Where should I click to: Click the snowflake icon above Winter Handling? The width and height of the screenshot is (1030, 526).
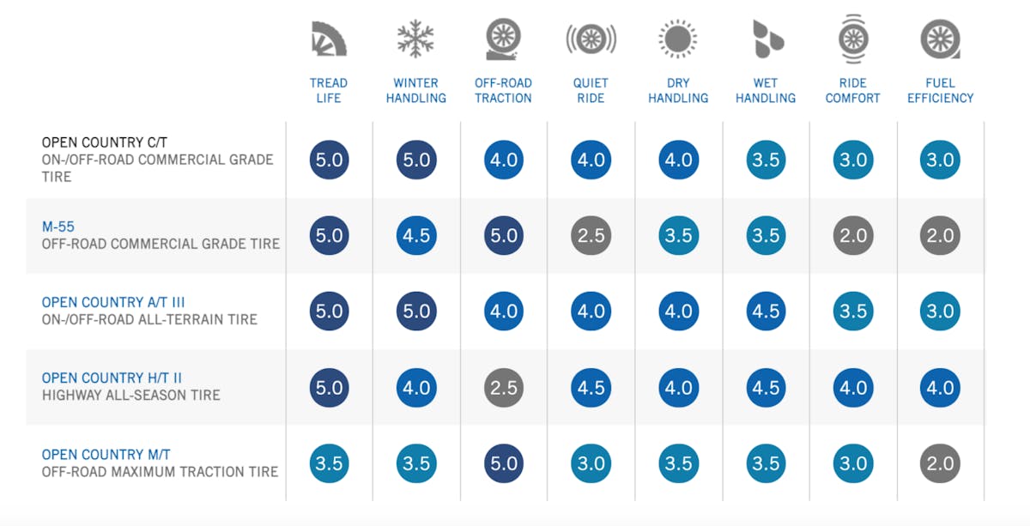416,39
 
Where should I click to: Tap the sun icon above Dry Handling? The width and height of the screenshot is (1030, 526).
678,39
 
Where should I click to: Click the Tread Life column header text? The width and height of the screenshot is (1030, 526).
329,90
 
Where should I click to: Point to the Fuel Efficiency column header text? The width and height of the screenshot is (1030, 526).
941,90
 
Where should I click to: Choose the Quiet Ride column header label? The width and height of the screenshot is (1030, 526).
591,90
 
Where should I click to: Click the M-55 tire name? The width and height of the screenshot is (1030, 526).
59,227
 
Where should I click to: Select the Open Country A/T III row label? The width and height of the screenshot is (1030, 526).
113,302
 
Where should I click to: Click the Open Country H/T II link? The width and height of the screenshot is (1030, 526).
112,378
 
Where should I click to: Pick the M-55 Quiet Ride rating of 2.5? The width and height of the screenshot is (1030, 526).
591,236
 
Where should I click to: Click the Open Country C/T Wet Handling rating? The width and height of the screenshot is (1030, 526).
766,160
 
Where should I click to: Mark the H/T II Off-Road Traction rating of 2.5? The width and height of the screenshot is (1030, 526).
504,388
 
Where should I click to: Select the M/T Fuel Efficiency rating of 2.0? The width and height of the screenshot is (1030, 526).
941,463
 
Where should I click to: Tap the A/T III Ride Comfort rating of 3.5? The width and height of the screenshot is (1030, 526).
853,311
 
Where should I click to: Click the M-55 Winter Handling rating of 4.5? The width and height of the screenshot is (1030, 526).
416,236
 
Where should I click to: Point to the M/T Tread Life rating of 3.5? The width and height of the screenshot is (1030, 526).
329,463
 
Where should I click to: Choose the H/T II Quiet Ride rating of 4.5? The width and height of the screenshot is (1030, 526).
591,388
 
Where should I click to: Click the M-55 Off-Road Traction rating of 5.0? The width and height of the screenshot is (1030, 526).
504,236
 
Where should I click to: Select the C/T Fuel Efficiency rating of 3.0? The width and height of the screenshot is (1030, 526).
941,160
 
